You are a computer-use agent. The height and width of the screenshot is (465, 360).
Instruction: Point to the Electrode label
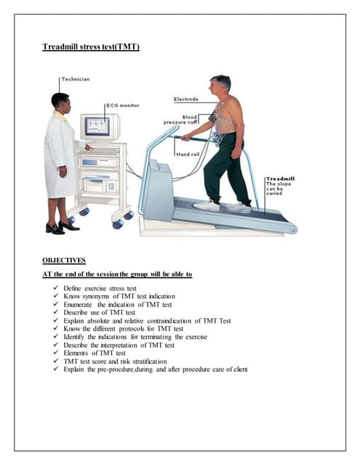[186, 99]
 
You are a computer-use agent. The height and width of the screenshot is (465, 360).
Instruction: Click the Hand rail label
[188, 155]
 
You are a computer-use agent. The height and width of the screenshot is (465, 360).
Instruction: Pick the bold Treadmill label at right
[279, 177]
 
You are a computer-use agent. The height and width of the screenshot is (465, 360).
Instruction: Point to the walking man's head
[220, 85]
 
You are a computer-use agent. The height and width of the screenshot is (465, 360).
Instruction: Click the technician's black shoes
[63, 227]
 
